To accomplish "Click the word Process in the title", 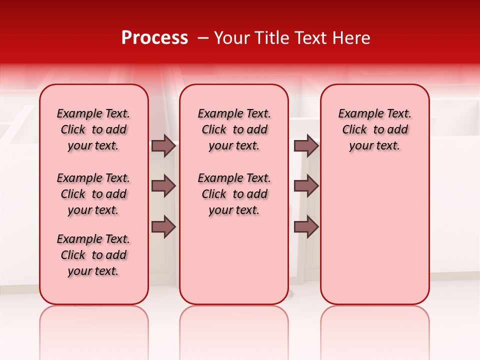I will pos(154,38).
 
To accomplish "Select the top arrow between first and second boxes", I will pos(163,145).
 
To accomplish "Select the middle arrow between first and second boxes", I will pos(163,186).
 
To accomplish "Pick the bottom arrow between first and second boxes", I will pos(163,227).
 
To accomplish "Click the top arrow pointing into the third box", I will pos(306,145).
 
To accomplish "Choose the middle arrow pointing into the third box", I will pos(306,186).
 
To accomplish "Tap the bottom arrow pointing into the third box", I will pos(306,227).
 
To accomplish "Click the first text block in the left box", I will pos(93,129).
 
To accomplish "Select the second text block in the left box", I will pos(93,194).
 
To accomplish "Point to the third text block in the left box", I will pos(93,255).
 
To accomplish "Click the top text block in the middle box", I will pos(234,129).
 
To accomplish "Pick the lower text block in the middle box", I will pos(234,194).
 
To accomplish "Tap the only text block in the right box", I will pos(374,129).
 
